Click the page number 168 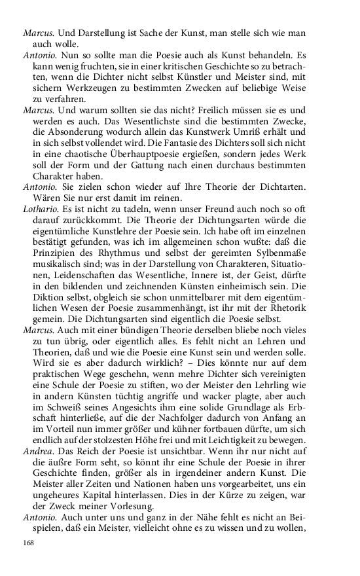tap(28, 543)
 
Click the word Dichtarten tap(276, 186)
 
